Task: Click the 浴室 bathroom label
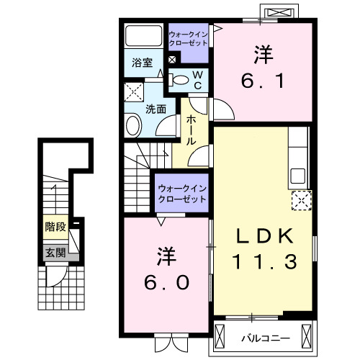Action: pos(141,63)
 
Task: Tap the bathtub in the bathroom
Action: pos(144,36)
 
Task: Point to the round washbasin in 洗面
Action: pos(133,127)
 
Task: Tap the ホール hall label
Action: pos(192,131)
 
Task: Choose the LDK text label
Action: pos(264,235)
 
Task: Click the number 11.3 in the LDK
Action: pos(264,263)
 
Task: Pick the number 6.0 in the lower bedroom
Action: pos(166,282)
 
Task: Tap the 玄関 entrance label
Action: pos(55,252)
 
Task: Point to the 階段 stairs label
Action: pos(55,227)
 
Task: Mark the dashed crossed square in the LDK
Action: pos(300,200)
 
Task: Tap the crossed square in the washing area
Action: pos(133,92)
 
